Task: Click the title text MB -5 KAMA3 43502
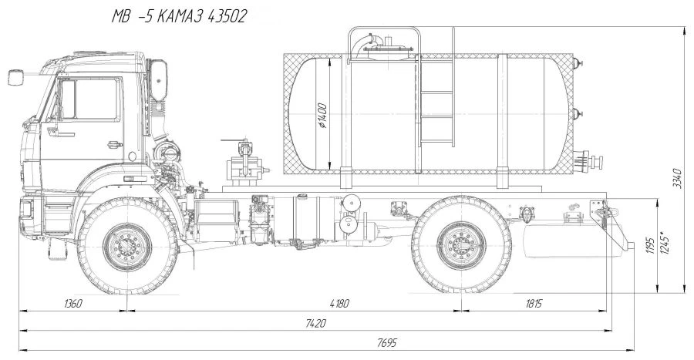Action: point(178,17)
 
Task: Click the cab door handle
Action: point(113,143)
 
